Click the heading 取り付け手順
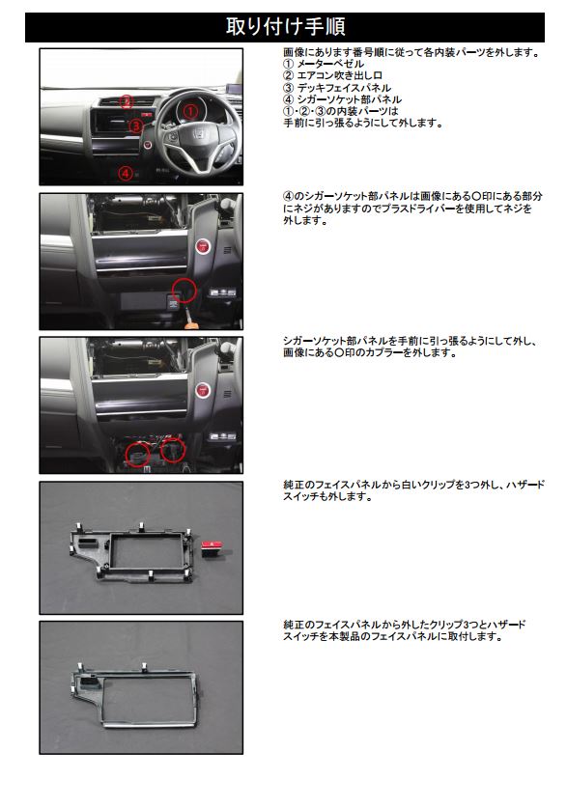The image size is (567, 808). [x=285, y=27]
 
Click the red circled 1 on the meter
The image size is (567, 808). [x=190, y=111]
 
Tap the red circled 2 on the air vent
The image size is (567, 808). [x=127, y=101]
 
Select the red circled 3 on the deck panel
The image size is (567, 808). [x=135, y=125]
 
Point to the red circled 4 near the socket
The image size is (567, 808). [x=126, y=173]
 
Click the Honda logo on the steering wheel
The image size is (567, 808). [x=198, y=136]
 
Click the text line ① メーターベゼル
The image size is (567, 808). [x=324, y=64]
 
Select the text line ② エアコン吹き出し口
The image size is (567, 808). [x=332, y=75]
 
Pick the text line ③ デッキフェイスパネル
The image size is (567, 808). [x=337, y=88]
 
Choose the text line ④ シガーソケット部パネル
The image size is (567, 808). [x=342, y=99]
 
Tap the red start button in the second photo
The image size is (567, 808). [x=203, y=246]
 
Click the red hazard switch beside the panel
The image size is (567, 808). [x=212, y=548]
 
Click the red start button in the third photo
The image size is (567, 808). [x=203, y=390]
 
